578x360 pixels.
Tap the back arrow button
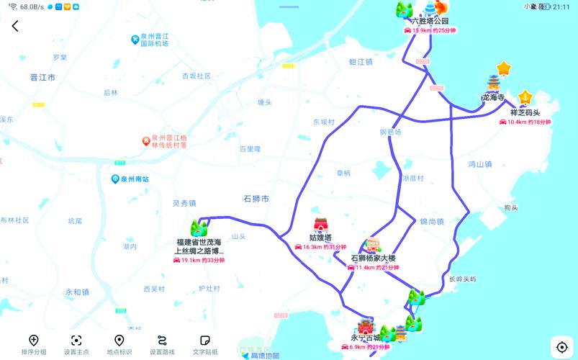[15, 26]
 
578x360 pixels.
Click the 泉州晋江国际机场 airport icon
[135, 39]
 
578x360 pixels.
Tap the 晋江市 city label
[42, 77]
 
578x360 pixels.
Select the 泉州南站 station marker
[115, 179]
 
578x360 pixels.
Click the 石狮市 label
[256, 198]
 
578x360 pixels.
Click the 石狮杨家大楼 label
[373, 258]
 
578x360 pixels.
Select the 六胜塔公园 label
[430, 21]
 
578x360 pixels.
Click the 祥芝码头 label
[525, 112]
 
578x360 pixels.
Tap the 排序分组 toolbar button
[34, 345]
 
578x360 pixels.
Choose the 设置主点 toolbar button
[76, 345]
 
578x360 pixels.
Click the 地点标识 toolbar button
[119, 345]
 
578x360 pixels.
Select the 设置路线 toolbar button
[162, 345]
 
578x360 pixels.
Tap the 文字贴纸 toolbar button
[204, 345]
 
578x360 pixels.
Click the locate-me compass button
[561, 347]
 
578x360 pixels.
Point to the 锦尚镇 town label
[432, 222]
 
